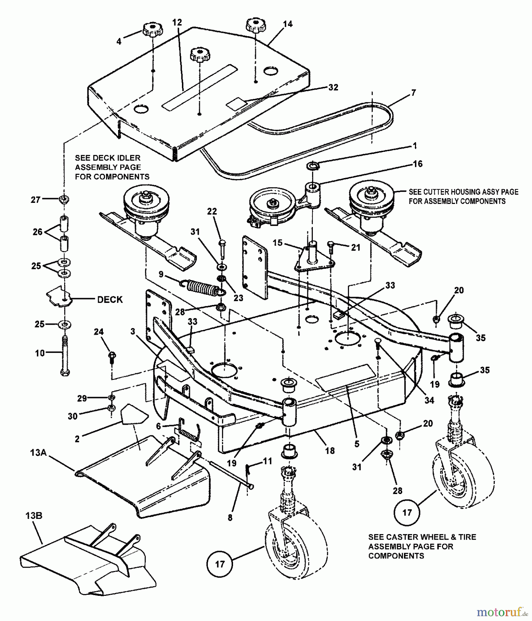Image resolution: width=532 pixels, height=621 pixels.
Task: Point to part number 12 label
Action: [177, 23]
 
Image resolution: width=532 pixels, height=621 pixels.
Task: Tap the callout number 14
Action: [288, 24]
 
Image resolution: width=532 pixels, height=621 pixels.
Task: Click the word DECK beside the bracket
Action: [110, 299]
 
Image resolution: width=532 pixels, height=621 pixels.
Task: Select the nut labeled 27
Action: [64, 199]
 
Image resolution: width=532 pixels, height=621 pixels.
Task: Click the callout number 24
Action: [99, 332]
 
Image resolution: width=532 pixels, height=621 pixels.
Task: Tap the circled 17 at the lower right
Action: [407, 512]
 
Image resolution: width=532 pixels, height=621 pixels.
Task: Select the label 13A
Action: [38, 452]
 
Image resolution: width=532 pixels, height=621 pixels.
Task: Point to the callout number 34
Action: [429, 400]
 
